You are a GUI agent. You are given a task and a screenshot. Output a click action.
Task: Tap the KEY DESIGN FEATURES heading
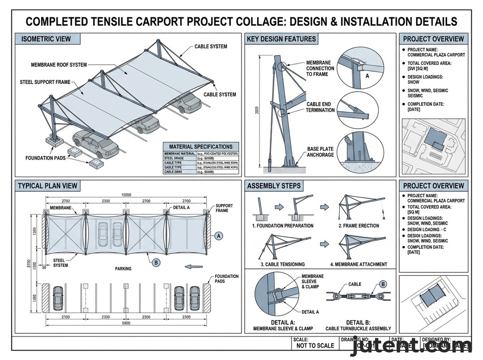tap(281, 39)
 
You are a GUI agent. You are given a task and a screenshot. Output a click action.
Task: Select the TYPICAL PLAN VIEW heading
tap(48, 186)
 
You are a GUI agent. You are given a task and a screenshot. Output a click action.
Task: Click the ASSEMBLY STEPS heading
tap(274, 186)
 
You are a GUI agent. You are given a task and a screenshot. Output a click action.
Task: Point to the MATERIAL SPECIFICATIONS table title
tap(200, 147)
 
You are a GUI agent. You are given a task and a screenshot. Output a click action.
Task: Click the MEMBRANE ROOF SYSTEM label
tap(59, 65)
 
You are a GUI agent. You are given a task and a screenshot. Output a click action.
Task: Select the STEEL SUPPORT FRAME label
tap(45, 82)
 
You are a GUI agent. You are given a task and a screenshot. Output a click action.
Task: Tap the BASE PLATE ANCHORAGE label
tap(321, 152)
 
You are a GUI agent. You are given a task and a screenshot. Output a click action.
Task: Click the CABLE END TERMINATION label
tap(320, 107)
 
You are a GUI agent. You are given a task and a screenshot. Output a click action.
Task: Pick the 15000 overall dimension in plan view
tap(126, 195)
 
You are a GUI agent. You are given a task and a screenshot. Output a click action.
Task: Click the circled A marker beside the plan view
tap(218, 235)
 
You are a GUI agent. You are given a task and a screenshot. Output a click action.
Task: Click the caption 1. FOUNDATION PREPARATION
tap(283, 226)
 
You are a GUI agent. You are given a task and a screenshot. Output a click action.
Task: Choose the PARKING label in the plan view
tap(123, 269)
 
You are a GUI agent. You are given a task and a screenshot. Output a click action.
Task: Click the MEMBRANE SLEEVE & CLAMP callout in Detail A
tap(313, 281)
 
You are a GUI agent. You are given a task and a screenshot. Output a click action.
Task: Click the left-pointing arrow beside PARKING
tap(191, 267)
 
